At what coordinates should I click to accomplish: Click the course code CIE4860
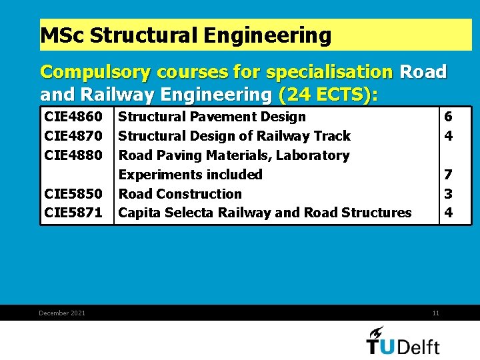click(73, 117)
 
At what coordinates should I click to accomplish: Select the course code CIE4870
click(73, 136)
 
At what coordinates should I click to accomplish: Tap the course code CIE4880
click(73, 155)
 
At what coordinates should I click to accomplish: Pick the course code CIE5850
click(73, 194)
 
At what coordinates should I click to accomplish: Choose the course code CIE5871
click(73, 213)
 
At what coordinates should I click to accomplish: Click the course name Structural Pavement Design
click(212, 117)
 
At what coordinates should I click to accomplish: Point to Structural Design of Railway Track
click(234, 136)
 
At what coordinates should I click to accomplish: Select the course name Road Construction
click(180, 194)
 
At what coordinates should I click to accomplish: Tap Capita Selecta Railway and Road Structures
click(265, 213)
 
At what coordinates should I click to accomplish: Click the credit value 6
click(449, 117)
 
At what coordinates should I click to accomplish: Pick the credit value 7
click(449, 175)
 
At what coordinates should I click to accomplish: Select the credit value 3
click(449, 194)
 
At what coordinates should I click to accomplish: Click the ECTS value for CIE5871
click(449, 213)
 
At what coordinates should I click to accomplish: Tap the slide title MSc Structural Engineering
click(186, 35)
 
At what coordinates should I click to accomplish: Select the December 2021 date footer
click(62, 313)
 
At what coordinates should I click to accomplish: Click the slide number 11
click(435, 313)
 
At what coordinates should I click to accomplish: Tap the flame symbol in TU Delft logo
click(377, 332)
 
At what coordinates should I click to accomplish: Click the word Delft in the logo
click(418, 346)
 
